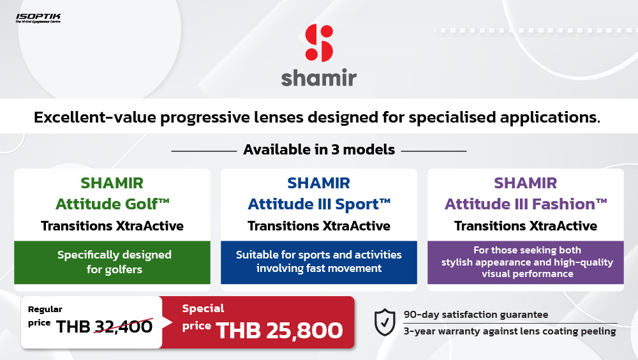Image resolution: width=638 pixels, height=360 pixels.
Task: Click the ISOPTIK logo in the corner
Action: tap(38, 18)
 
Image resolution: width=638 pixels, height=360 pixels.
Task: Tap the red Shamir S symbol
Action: tap(319, 43)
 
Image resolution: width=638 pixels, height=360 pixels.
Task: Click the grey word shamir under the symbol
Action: tap(318, 77)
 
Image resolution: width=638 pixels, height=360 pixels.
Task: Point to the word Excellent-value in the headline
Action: tap(95, 117)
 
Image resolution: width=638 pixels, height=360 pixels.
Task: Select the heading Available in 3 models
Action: tap(319, 149)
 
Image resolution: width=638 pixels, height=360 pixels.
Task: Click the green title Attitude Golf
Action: tap(112, 204)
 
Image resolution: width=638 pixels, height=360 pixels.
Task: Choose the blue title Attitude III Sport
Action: tap(319, 204)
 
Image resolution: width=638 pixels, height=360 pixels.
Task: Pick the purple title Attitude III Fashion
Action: tap(526, 204)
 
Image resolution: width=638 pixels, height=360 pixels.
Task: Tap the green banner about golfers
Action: tap(112, 262)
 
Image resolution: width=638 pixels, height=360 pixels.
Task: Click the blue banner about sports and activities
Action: tap(319, 262)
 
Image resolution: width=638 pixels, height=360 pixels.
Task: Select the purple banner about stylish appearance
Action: tap(526, 262)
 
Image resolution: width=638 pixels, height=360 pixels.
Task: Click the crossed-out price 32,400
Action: tap(124, 326)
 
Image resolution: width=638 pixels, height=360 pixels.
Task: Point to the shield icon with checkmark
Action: tap(385, 322)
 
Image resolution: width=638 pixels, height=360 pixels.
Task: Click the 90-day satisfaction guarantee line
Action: tap(476, 315)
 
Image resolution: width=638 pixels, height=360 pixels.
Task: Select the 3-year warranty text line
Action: tap(510, 331)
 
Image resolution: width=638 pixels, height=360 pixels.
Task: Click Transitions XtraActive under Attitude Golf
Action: tap(112, 225)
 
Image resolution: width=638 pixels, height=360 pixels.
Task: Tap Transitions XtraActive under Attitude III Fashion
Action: tap(526, 225)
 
